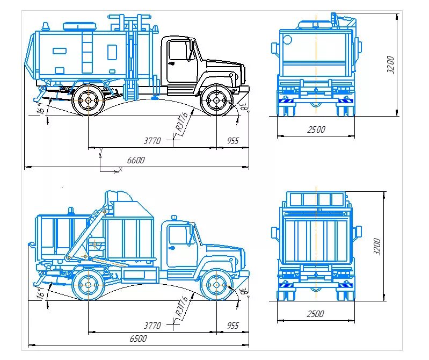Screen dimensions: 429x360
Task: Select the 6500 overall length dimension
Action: (x=137, y=339)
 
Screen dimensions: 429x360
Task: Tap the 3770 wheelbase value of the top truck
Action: (x=152, y=141)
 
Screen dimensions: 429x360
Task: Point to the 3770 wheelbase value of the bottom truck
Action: (x=153, y=326)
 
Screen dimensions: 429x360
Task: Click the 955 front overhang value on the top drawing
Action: (x=232, y=141)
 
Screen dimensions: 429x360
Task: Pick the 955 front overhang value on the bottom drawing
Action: (x=232, y=326)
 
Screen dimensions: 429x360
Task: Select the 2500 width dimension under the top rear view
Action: (x=316, y=129)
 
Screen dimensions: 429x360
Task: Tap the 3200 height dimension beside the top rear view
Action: (x=391, y=65)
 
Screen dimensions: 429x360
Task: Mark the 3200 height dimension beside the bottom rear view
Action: (x=377, y=247)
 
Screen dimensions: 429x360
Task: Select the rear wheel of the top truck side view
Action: (x=88, y=100)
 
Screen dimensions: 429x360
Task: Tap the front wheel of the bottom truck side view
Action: (x=216, y=285)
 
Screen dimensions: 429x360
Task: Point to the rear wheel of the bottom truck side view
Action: (x=88, y=285)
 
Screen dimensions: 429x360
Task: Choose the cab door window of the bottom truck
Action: (x=177, y=235)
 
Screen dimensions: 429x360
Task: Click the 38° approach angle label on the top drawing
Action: (x=243, y=107)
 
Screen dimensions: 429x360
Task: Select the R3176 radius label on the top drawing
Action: (x=181, y=123)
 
